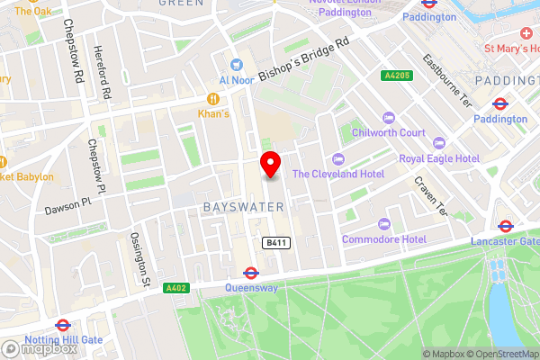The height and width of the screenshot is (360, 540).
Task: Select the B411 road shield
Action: pyautogui.click(x=275, y=243)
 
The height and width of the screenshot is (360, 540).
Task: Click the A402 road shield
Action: pyautogui.click(x=151, y=288)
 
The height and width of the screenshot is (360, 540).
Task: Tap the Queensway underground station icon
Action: pyautogui.click(x=251, y=273)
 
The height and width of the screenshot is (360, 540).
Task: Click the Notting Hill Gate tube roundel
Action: pyautogui.click(x=63, y=325)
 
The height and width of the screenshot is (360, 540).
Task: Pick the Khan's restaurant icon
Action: pyautogui.click(x=214, y=98)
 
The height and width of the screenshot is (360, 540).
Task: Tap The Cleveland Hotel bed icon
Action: pyautogui.click(x=337, y=158)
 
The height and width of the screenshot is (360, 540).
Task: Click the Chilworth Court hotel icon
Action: pyautogui.click(x=388, y=118)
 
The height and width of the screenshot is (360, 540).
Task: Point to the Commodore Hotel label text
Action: pyautogui.click(x=384, y=239)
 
